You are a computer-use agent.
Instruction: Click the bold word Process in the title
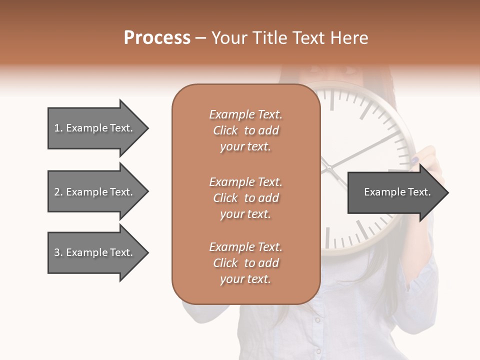tap(157, 38)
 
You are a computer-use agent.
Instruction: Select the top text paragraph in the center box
tap(245, 130)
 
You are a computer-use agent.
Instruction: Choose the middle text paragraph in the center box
tap(245, 198)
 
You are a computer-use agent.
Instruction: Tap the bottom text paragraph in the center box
tap(245, 263)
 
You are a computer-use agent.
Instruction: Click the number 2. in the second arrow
tap(58, 192)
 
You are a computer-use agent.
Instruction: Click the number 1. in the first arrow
tap(58, 128)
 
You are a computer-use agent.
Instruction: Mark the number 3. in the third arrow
tap(58, 252)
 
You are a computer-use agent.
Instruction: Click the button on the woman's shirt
tap(316, 319)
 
